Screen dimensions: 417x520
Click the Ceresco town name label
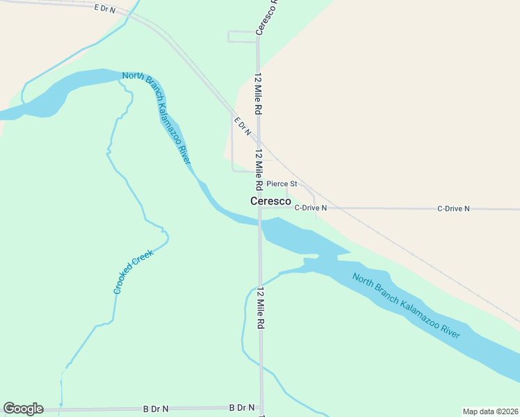[270, 200]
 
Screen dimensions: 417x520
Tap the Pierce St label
[282, 184]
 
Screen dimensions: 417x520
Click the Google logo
[23, 409]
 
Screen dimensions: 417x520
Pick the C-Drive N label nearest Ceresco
[310, 208]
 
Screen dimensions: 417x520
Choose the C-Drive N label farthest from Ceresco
[453, 208]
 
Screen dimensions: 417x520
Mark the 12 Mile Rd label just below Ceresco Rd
[258, 94]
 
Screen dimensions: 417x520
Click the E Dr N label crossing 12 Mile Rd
[243, 126]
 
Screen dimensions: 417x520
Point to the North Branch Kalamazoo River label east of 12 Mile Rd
[407, 305]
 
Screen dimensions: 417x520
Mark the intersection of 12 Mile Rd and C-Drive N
[259, 208]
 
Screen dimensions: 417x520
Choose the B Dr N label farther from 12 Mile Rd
[155, 409]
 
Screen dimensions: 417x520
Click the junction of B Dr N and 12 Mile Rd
[261, 407]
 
